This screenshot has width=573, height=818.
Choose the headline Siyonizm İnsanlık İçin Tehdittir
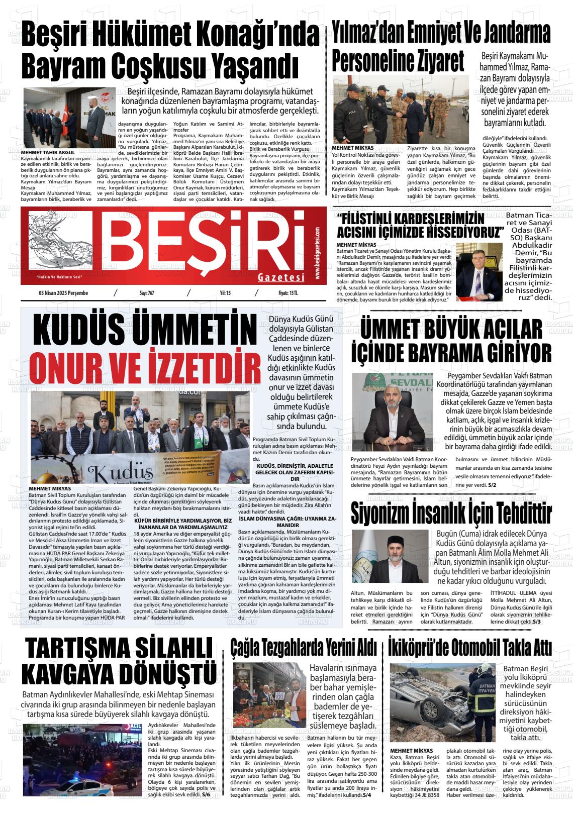coord(451,513)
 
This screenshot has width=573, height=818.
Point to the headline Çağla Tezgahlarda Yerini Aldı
coord(304,647)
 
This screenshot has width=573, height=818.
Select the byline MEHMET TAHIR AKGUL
coord(48,152)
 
